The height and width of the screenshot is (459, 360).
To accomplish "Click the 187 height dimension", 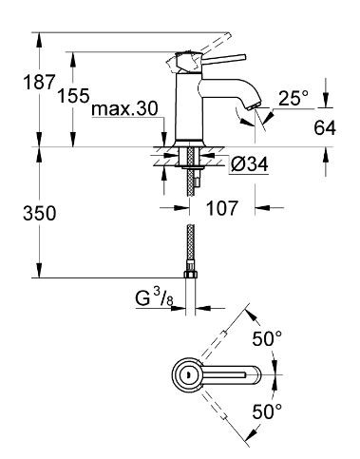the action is click(x=39, y=83).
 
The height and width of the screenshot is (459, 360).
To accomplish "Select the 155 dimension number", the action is click(x=73, y=95).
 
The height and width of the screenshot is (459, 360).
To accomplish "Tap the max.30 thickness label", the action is click(x=124, y=109).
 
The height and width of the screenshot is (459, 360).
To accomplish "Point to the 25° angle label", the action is click(x=293, y=98).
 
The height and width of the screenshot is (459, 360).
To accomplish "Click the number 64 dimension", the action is click(x=325, y=128).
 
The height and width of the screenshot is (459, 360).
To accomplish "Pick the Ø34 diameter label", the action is click(x=249, y=164).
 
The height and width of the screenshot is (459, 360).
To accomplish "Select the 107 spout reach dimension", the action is click(x=221, y=208).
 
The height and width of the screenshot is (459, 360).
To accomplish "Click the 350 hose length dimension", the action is click(x=40, y=213).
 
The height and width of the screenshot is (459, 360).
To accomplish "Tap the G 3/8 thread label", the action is click(x=155, y=299).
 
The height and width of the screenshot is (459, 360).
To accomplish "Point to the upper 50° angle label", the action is click(x=267, y=338).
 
